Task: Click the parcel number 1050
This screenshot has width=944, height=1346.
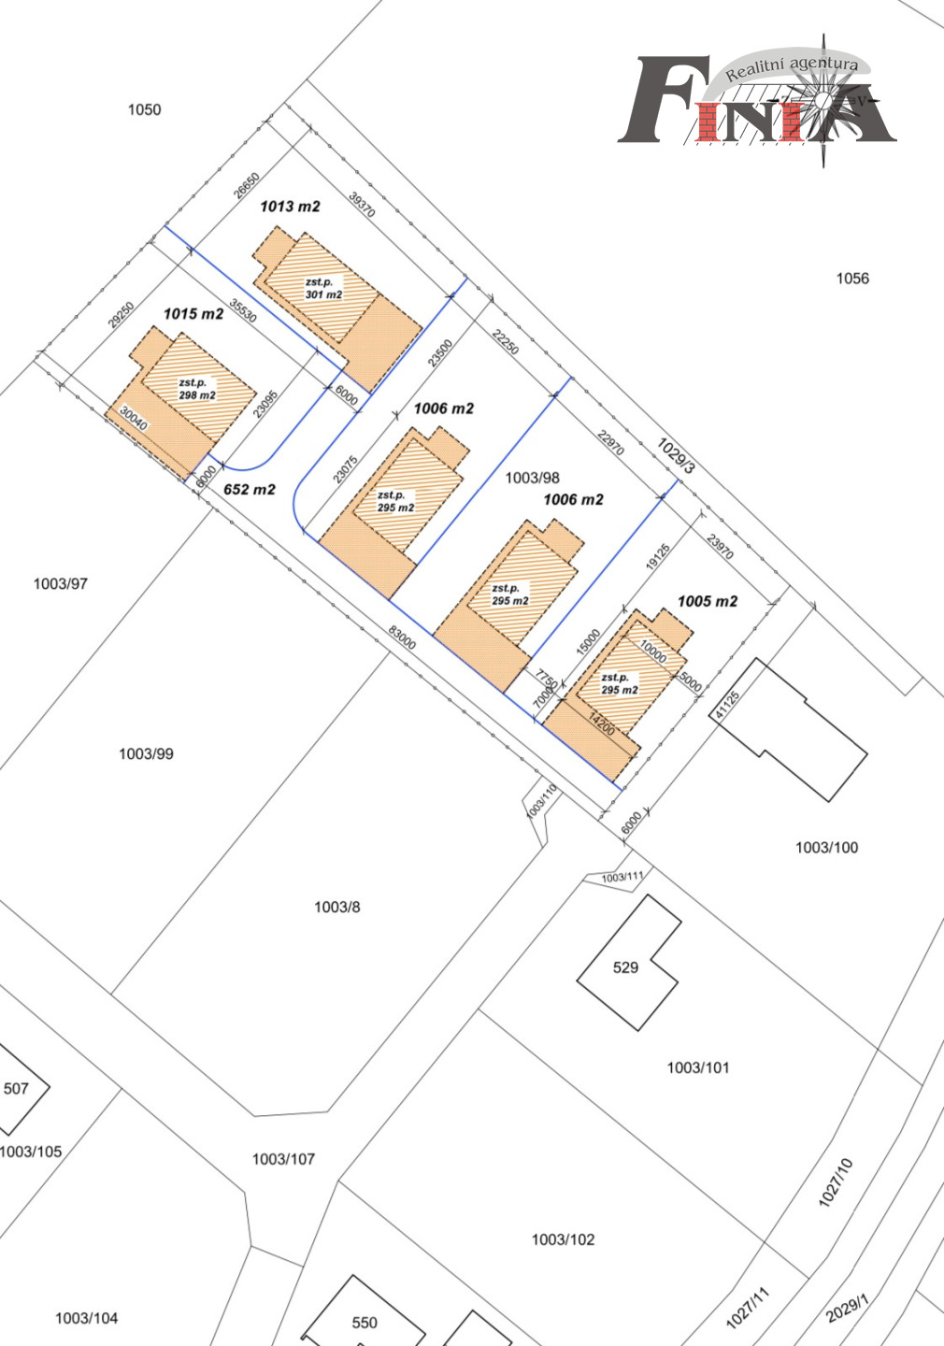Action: click(x=144, y=109)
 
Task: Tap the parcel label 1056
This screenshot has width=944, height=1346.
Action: click(x=852, y=279)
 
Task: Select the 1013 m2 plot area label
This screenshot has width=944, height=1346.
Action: click(x=291, y=207)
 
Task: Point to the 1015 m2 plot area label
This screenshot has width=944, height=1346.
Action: click(x=193, y=314)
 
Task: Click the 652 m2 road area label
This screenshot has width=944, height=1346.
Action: click(x=250, y=490)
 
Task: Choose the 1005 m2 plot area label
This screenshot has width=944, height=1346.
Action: click(x=708, y=602)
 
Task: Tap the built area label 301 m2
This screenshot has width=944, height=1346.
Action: click(x=324, y=294)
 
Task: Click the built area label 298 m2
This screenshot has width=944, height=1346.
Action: click(x=197, y=395)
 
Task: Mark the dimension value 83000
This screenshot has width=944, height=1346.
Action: click(x=402, y=637)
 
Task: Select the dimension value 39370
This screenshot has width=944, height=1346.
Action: click(x=363, y=205)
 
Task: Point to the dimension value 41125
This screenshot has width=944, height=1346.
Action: click(x=727, y=704)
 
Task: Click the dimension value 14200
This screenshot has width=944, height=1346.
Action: click(x=601, y=724)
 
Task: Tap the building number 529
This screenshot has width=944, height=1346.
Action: click(x=625, y=967)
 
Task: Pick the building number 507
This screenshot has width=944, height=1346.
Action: click(x=16, y=1089)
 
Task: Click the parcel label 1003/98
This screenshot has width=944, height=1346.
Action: click(x=533, y=478)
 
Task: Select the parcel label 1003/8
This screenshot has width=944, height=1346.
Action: click(x=337, y=907)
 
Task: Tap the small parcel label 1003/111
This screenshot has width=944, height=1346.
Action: click(x=622, y=878)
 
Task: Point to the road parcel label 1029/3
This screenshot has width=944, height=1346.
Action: click(x=676, y=456)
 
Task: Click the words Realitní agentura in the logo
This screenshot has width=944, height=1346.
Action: click(x=792, y=67)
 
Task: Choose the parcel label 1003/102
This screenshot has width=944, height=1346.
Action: click(x=563, y=1239)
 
